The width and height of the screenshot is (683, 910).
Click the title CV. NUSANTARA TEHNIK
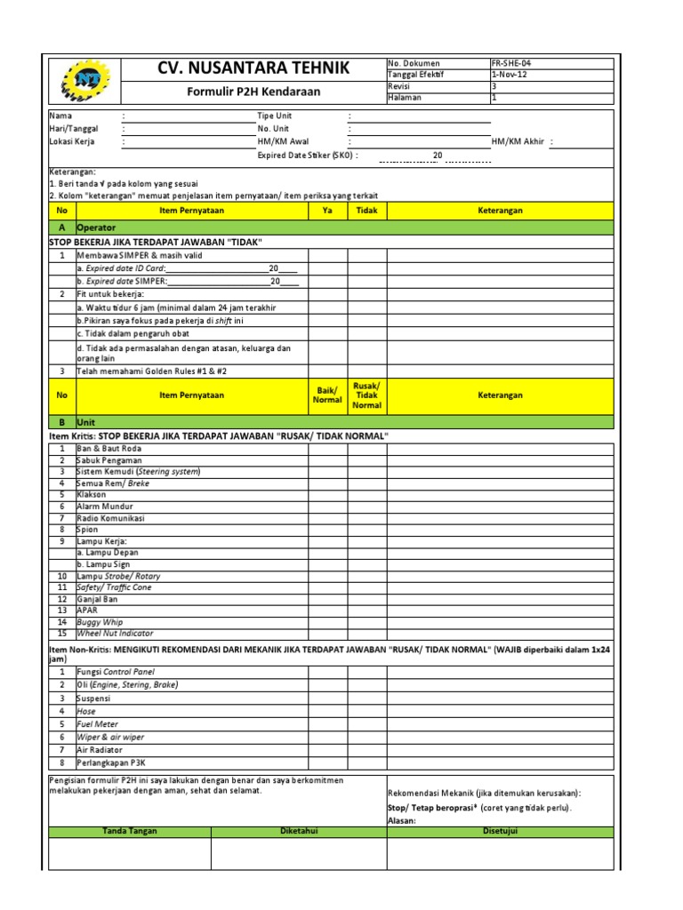click(x=253, y=68)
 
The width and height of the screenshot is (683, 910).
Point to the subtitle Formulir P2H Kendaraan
click(x=253, y=92)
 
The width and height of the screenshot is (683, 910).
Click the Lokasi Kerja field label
click(x=72, y=141)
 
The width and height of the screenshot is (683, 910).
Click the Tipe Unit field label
click(x=274, y=116)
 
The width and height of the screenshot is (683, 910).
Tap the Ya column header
click(x=327, y=211)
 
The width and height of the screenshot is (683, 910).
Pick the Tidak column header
click(x=366, y=211)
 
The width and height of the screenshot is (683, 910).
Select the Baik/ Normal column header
click(x=327, y=395)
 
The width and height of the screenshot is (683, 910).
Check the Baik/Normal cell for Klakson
click(x=327, y=494)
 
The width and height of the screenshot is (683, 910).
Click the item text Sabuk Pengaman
click(x=109, y=460)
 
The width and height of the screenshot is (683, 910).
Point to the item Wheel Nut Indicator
click(x=115, y=634)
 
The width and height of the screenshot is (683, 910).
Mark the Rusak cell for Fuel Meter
click(x=366, y=724)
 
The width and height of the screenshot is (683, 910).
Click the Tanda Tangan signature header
click(x=129, y=831)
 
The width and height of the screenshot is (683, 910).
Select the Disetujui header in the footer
click(x=500, y=831)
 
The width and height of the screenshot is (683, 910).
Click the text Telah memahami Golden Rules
click(x=141, y=371)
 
